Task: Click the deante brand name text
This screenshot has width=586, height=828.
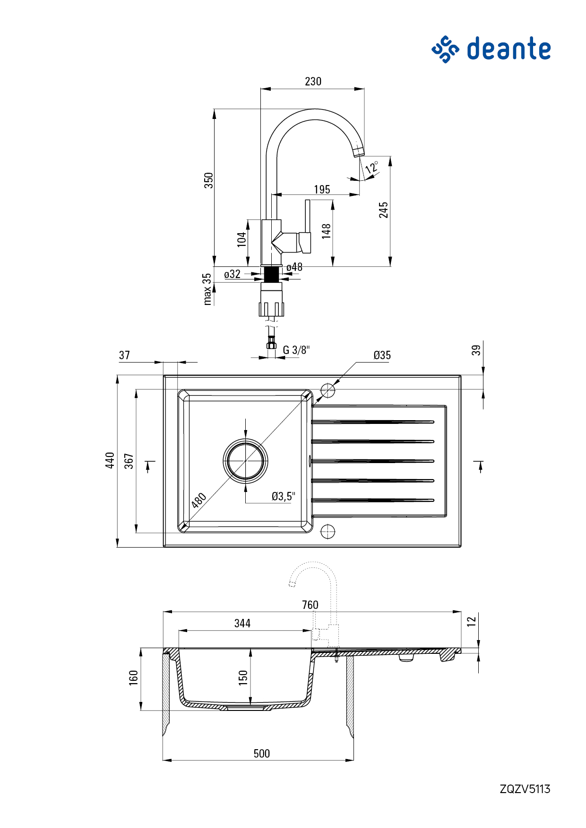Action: tap(509, 49)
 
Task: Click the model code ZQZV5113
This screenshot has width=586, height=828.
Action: tap(525, 789)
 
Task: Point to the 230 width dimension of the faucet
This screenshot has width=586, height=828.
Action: tap(313, 82)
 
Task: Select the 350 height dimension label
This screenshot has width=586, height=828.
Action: tap(208, 180)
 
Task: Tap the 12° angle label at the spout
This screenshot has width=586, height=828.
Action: tap(372, 167)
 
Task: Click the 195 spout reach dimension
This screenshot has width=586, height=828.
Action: tap(322, 189)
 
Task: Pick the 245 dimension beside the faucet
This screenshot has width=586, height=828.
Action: tap(383, 210)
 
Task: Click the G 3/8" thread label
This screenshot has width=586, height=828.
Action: tap(296, 350)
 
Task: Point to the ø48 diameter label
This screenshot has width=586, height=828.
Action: tap(294, 267)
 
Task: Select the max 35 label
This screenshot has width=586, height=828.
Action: tap(207, 289)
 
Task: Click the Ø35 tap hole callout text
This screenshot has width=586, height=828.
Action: tap(382, 355)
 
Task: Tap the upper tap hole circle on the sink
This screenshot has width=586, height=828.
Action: tap(327, 390)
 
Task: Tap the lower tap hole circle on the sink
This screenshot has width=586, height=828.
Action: tap(327, 531)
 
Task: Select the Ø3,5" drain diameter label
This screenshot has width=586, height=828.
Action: tap(283, 496)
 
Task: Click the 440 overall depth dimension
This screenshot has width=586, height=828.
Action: tap(110, 460)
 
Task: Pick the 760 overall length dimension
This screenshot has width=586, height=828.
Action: tap(310, 605)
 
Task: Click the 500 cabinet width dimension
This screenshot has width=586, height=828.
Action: tap(262, 753)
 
